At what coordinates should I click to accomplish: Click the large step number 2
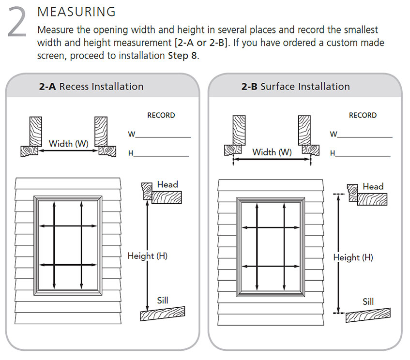17,23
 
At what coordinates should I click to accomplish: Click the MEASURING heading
76,11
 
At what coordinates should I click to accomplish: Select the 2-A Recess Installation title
91,87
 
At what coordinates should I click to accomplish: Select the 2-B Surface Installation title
295,87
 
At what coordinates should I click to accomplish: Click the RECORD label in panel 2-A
161,115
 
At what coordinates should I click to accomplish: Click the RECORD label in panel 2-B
363,115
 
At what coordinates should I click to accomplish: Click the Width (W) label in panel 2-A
68,143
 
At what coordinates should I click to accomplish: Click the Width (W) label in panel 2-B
272,152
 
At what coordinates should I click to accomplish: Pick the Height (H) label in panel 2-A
147,255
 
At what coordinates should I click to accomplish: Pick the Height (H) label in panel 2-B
353,257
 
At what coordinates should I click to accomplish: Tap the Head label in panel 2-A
167,184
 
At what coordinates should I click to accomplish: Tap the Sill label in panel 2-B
368,301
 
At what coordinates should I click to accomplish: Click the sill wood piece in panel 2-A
163,314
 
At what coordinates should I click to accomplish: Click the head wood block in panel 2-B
372,199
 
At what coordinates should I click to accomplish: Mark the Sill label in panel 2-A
163,300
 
